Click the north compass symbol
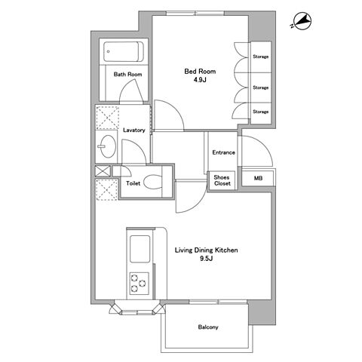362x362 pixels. point(302,22)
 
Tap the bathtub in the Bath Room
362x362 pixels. point(123,51)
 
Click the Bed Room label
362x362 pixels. point(200,72)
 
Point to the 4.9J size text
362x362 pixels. point(200,80)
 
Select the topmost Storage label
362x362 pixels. point(261,57)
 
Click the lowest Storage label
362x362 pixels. point(261,112)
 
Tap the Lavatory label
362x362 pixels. point(134,130)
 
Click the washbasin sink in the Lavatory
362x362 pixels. point(107,146)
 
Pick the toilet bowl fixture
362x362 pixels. point(153,182)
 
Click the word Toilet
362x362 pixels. point(133,183)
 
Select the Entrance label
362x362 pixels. point(223,152)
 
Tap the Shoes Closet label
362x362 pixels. point(222,180)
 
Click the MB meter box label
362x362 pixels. point(258,178)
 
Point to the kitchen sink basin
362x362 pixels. point(140,249)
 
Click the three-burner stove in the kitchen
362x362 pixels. point(139,284)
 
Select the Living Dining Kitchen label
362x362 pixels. point(206,250)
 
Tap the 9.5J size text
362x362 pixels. point(207,259)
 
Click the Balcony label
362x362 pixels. point(208,327)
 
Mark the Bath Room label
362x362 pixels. point(127,75)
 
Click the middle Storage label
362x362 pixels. point(261,87)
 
